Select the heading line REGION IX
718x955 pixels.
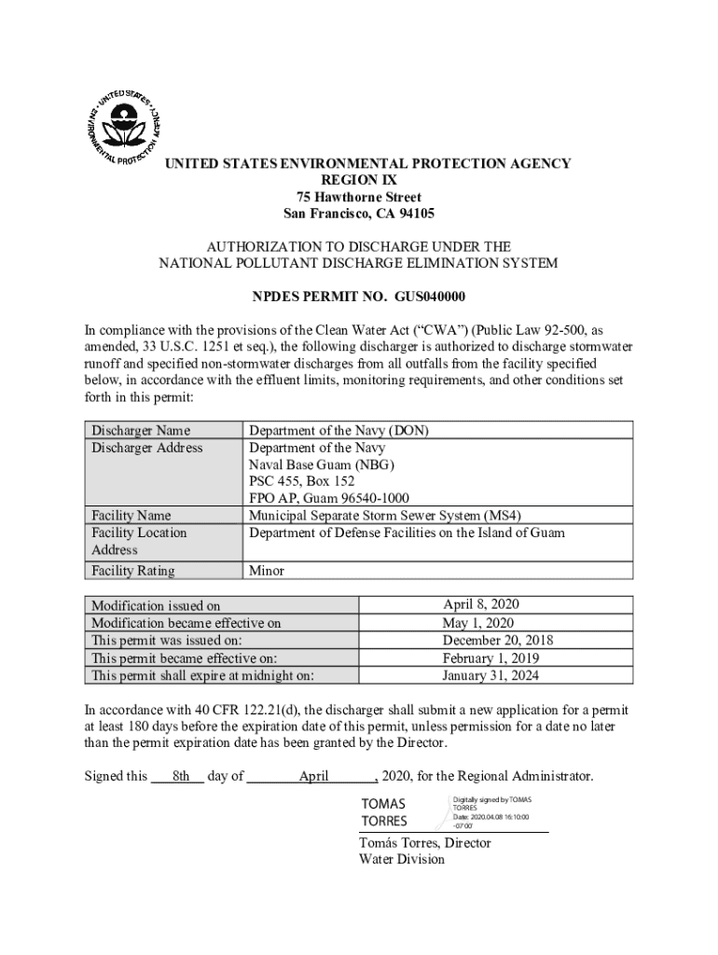coord(359,180)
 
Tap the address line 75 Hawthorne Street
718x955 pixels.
coord(359,197)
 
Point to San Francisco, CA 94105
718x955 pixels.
coord(359,214)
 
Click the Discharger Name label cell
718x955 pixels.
coord(140,430)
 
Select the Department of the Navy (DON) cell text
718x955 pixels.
coord(338,430)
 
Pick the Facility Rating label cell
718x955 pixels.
coord(133,570)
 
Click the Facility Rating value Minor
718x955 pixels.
coord(267,570)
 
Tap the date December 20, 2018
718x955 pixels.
coord(490,641)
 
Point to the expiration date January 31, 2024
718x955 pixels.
coord(490,675)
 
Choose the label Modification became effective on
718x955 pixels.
coord(186,623)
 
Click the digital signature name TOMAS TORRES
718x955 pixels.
coord(384,812)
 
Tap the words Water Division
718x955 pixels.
coord(402,860)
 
